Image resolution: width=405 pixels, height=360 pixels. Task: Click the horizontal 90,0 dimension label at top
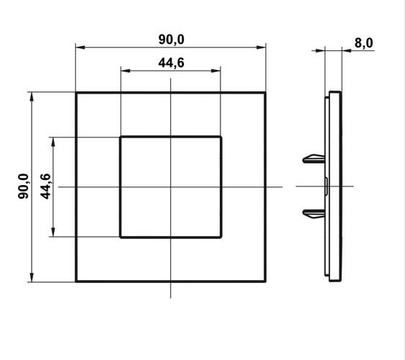pos(172,40)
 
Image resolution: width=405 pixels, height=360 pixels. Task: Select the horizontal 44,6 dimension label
pos(172,63)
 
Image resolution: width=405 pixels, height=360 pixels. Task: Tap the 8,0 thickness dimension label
pos(364,43)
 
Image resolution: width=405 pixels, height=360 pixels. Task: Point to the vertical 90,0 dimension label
pos(23,186)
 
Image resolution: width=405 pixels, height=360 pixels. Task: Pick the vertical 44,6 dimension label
pos(45,186)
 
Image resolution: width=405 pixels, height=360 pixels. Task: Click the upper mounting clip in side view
pos(313,159)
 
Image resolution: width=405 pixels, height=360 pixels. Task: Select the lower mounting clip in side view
pos(313,214)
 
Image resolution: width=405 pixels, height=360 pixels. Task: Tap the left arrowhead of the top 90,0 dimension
pos(80,48)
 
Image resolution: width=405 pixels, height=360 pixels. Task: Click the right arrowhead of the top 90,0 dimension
pos(261,48)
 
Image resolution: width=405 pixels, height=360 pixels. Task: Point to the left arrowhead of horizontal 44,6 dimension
pos(125,71)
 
